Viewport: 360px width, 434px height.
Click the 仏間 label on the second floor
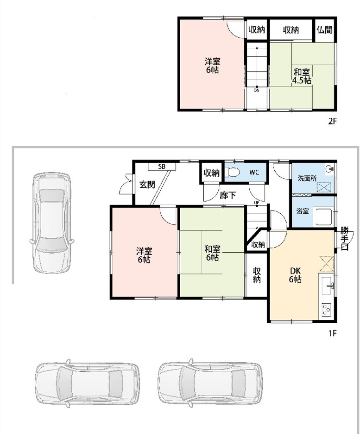click(x=325, y=30)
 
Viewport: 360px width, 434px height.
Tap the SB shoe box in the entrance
click(x=162, y=166)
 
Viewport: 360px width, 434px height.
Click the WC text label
click(x=254, y=172)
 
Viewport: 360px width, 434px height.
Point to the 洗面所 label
click(x=307, y=178)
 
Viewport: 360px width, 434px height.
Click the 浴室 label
click(x=303, y=211)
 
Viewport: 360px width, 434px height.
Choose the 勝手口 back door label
click(x=344, y=239)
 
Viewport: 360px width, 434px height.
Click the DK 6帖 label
click(x=295, y=275)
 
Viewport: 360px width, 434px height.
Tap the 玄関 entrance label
click(x=147, y=185)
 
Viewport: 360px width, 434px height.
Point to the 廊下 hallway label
click(x=228, y=195)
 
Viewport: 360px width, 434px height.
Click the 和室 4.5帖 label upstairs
click(x=302, y=76)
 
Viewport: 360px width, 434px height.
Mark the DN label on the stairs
click(x=257, y=90)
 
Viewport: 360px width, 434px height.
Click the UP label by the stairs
click(x=257, y=203)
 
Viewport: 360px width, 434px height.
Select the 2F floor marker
click(x=332, y=121)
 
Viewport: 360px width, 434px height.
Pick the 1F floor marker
click(x=332, y=333)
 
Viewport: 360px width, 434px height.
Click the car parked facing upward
click(x=52, y=223)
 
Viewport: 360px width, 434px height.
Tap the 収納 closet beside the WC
click(x=212, y=173)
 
